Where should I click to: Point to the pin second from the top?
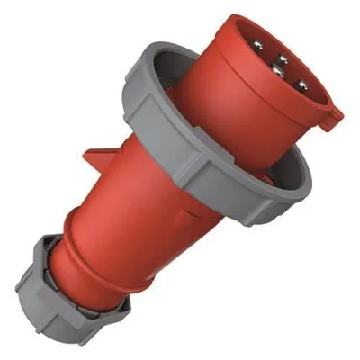[x=283, y=59]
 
